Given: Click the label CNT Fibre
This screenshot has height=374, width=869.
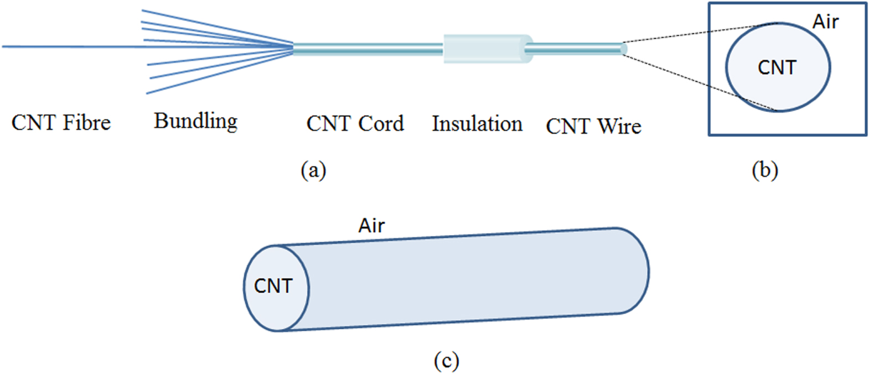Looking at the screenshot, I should click(61, 123).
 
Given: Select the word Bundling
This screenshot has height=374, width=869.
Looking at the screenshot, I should click(195, 121).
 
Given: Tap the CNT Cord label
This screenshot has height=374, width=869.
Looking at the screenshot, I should click(355, 123).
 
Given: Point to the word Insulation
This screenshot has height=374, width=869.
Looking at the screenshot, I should click(477, 124).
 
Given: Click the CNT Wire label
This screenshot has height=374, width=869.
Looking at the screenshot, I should click(593, 127).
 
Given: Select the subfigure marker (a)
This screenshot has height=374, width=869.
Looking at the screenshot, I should click(313, 169).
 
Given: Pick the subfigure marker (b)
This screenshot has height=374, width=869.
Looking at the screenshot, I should click(765, 170).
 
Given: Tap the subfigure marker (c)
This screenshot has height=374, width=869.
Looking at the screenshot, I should click(446, 361).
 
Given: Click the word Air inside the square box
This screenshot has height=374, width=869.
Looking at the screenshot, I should click(825, 22).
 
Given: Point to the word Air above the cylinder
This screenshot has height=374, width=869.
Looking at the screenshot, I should click(371, 226).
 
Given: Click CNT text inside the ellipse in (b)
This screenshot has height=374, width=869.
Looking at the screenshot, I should click(777, 67).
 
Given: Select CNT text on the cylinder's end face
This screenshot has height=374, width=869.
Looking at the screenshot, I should click(273, 286).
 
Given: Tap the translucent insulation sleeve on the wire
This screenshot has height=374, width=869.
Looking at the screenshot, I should click(484, 49).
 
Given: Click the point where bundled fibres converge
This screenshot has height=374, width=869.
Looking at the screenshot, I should click(292, 48).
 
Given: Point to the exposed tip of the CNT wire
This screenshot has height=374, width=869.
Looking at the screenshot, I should click(623, 49).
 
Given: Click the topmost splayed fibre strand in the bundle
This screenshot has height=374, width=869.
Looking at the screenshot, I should click(210, 25).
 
